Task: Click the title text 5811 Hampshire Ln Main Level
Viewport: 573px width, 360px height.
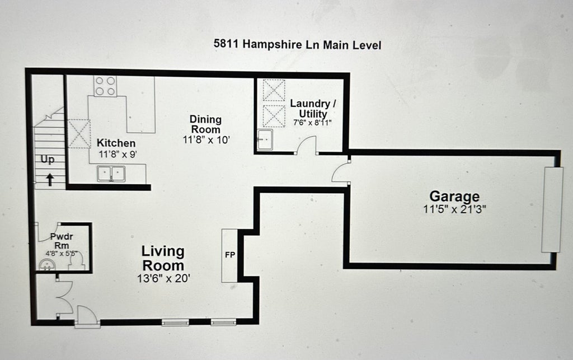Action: point(298,45)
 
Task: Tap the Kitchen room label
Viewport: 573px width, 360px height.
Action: point(116,143)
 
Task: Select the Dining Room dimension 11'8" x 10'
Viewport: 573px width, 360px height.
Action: point(206,139)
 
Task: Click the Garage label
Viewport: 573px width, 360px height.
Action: point(454,197)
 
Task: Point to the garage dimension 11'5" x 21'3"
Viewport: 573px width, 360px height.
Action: point(454,209)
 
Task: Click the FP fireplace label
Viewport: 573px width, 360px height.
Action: point(230,255)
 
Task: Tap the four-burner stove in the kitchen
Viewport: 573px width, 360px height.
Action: point(105,86)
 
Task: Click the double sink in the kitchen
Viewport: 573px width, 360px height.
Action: point(111,174)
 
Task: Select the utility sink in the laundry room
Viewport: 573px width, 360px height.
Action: point(265,139)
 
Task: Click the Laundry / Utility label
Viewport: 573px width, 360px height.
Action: point(313,108)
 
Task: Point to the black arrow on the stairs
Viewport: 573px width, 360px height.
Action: point(50,180)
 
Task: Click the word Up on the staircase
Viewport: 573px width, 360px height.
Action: point(48,160)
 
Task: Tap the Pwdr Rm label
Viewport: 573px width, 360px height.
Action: point(62,241)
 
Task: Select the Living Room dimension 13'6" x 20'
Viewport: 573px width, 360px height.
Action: point(163,278)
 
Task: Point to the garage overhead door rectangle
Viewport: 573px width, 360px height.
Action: point(552,209)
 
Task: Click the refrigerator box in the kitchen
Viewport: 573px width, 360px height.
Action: point(79,134)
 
